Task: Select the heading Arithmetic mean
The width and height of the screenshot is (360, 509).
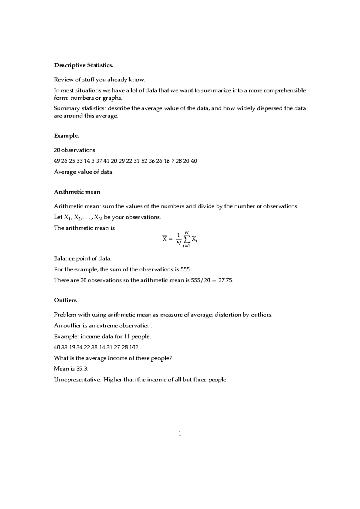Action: click(77, 192)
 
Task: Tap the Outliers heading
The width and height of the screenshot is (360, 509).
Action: click(65, 300)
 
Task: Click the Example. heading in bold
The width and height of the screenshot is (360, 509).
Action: click(67, 136)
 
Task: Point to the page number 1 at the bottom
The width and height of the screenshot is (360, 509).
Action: click(180, 433)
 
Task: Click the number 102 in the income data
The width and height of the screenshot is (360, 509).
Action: click(134, 347)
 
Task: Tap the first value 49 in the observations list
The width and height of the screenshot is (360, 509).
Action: click(57, 161)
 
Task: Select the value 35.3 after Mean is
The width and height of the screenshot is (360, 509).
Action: click(82, 369)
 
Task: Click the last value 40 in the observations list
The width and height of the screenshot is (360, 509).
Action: click(194, 161)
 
